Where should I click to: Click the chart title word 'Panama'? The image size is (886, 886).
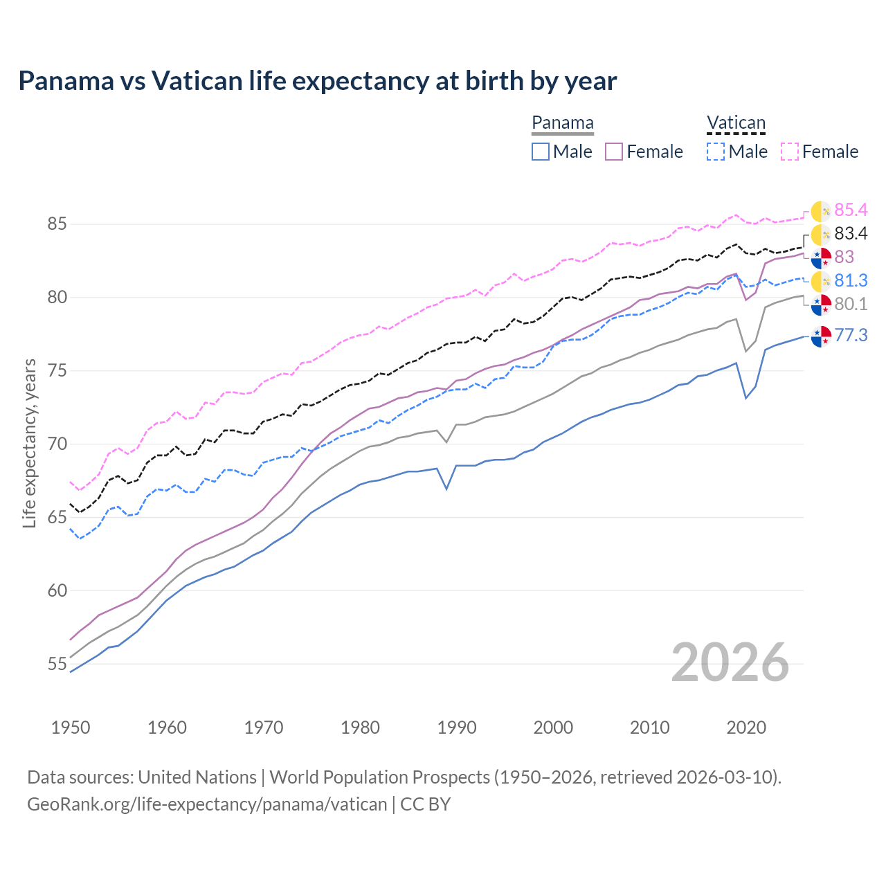coord(66,81)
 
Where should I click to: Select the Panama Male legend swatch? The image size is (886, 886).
coord(541,152)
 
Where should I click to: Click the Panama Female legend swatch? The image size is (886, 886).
coord(614,152)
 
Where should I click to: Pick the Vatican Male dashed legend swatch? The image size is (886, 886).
coord(716,152)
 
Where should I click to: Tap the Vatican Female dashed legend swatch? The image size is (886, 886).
coord(790,152)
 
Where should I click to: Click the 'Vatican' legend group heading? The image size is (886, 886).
coord(736,123)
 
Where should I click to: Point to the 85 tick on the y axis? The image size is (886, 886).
coord(57,224)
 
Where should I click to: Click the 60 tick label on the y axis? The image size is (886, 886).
coord(57,590)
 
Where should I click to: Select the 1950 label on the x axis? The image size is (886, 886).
coord(71,727)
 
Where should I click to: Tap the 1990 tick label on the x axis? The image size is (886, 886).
coord(457,727)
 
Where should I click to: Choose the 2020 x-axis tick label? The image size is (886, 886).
coord(746,727)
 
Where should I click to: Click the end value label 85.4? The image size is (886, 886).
coord(851,210)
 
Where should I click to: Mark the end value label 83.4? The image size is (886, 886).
coord(851,234)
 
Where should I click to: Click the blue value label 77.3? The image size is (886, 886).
coord(851,336)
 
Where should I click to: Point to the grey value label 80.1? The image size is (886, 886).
coord(851,305)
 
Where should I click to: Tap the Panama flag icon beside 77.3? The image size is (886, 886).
coord(821,336)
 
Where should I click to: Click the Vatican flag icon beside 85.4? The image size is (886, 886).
coord(821,211)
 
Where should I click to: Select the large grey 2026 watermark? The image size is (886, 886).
coord(730,662)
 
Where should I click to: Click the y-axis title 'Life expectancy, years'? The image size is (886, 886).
coord(30,443)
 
